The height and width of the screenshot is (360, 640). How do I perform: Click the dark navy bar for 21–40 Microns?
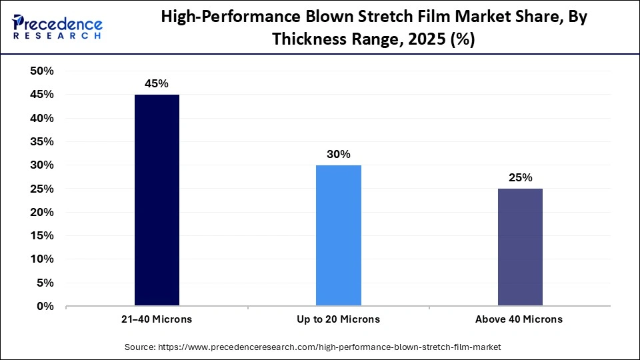pyautogui.click(x=157, y=200)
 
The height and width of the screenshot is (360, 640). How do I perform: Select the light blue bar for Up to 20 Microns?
pyautogui.click(x=338, y=235)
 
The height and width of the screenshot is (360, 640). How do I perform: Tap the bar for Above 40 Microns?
pyautogui.click(x=520, y=247)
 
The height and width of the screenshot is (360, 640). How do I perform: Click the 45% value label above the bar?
pyautogui.click(x=157, y=83)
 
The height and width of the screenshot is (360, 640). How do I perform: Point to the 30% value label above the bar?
pyautogui.click(x=338, y=154)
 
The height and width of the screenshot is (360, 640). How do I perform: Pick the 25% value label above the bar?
pyautogui.click(x=520, y=177)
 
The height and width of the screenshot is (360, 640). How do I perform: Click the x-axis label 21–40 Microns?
pyautogui.click(x=157, y=319)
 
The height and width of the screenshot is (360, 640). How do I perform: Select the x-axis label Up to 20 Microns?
pyautogui.click(x=338, y=319)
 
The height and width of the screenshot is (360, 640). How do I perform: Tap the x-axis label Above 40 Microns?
pyautogui.click(x=519, y=319)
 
